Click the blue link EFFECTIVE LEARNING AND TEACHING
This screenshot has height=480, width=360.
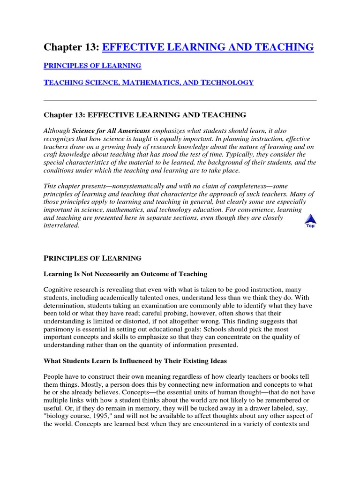coord(207,47)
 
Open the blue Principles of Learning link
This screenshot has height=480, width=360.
coord(92,65)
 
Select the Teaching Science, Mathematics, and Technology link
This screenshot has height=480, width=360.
coord(149,82)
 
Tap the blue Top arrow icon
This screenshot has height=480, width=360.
coord(310,220)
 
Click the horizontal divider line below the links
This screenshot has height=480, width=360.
coord(180,100)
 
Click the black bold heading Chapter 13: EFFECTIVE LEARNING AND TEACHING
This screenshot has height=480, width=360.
coord(145,115)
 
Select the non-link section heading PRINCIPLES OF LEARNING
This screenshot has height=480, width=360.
coord(92,258)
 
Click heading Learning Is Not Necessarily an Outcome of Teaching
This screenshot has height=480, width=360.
coord(125,274)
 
